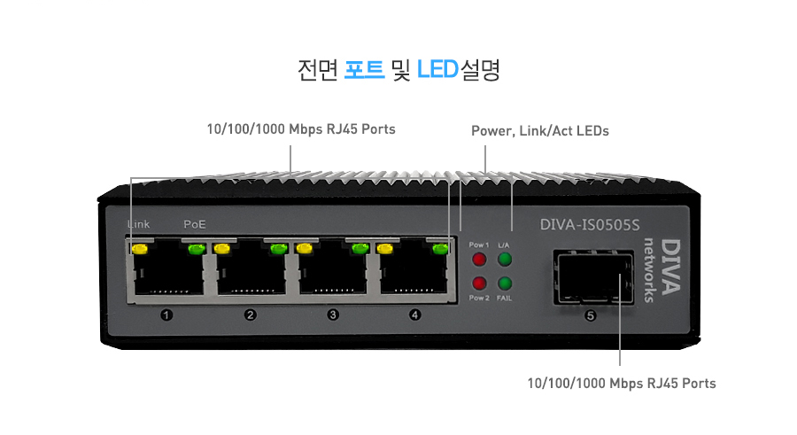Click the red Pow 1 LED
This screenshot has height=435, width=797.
479,260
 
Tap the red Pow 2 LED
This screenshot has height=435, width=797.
479,284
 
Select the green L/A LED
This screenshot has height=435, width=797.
505,260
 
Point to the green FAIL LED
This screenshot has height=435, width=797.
505,284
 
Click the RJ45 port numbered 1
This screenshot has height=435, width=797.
166,273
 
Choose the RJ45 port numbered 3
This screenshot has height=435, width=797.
332,273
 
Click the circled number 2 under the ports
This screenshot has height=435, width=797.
250,315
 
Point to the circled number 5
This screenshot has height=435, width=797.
592,315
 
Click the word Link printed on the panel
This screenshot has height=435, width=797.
139,225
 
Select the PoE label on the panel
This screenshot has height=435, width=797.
195,225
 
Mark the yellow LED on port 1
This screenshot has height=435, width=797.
139,248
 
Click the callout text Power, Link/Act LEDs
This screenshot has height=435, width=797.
539,131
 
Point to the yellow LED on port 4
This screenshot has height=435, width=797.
385,248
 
